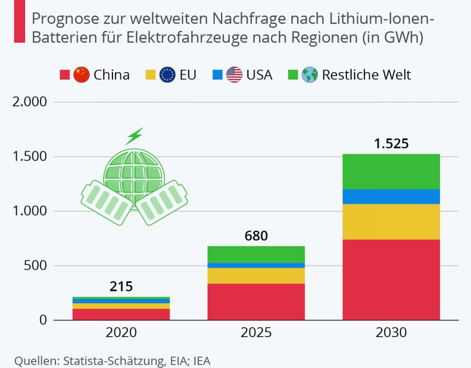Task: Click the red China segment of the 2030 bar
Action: click(x=391, y=280)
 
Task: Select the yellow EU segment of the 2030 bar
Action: click(x=391, y=222)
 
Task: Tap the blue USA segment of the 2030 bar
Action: click(x=391, y=197)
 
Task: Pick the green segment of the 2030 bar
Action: click(x=391, y=172)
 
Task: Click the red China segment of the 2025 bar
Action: click(x=256, y=302)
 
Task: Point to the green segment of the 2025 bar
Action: click(x=256, y=254)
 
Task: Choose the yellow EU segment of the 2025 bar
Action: click(x=256, y=276)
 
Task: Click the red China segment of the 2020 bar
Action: click(x=121, y=314)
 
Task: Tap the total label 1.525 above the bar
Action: click(x=391, y=144)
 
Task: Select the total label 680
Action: click(x=256, y=236)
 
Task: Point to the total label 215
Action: click(x=121, y=287)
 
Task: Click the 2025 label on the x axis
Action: click(x=256, y=333)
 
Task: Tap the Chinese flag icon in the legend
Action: click(x=81, y=75)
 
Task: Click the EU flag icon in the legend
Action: click(x=168, y=75)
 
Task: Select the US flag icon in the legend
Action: click(x=235, y=75)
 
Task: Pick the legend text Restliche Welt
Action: click(x=366, y=75)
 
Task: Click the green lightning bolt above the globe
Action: click(x=134, y=136)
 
